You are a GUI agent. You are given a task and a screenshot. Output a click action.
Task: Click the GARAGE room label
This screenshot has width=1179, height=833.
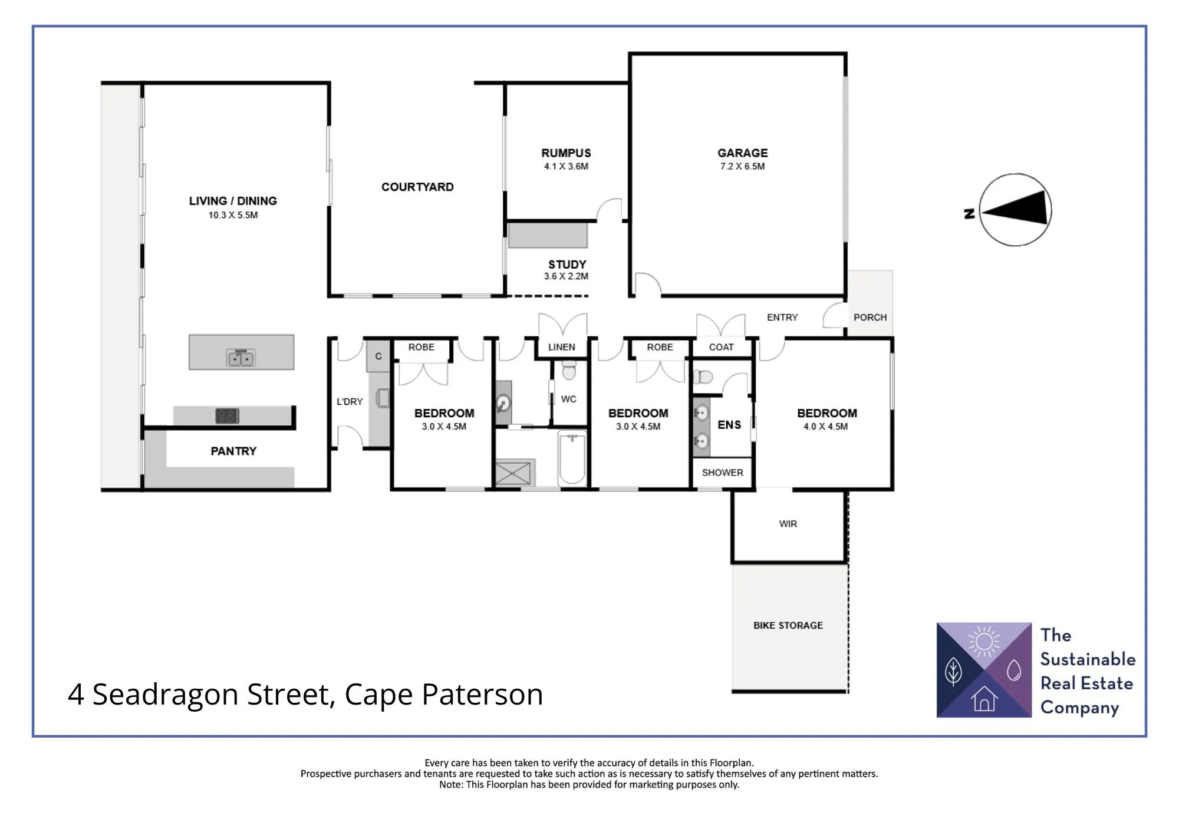[x=742, y=153]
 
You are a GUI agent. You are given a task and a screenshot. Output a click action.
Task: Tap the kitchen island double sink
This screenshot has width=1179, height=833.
[x=241, y=358]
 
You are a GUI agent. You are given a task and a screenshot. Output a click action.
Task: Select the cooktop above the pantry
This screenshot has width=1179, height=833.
[x=227, y=416]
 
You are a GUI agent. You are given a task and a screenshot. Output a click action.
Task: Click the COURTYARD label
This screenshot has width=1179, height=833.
[x=417, y=187]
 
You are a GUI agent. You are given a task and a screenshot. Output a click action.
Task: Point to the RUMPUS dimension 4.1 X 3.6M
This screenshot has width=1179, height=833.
[x=566, y=167]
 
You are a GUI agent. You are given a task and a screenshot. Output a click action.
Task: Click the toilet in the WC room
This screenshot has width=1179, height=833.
[x=569, y=371]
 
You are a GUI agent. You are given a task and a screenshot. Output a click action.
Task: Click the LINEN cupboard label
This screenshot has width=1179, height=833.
[x=561, y=347]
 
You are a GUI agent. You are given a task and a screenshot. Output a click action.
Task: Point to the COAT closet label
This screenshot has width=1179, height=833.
[x=721, y=347]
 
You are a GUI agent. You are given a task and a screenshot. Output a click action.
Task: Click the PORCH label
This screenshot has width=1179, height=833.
[x=870, y=317]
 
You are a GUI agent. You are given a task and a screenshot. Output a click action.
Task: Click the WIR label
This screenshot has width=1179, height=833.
[x=788, y=524]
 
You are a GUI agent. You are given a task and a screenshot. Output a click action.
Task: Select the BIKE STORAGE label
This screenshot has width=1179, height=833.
[x=788, y=625]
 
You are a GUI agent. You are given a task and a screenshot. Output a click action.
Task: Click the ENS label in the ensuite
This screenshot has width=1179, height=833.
[x=729, y=425]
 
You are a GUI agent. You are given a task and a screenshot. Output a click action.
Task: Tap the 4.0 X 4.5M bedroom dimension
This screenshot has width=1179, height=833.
[x=825, y=427]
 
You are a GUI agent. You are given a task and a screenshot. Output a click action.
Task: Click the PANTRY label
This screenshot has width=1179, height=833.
[x=233, y=451]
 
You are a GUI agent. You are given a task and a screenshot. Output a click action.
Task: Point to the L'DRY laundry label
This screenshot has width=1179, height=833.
[x=350, y=402]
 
